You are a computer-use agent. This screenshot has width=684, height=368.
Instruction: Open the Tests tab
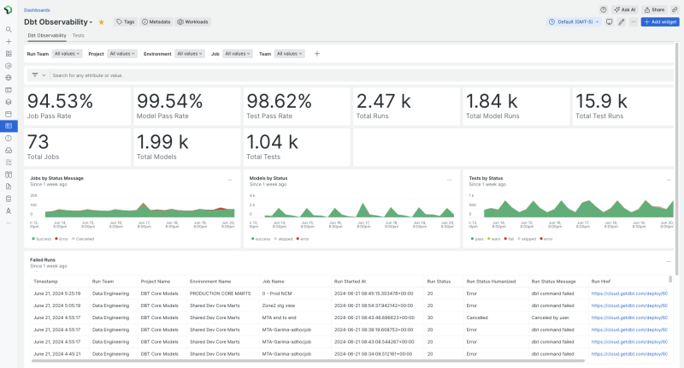pyautogui.click(x=78, y=36)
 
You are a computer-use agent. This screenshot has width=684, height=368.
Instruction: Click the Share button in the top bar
pyautogui.click(x=654, y=9)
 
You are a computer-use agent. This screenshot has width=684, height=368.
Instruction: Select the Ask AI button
pyautogui.click(x=623, y=9)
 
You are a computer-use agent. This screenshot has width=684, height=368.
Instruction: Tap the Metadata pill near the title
pyautogui.click(x=156, y=21)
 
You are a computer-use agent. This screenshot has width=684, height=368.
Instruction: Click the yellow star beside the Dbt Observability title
pyautogui.click(x=102, y=21)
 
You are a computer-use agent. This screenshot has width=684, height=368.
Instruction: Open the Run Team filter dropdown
pyautogui.click(x=68, y=53)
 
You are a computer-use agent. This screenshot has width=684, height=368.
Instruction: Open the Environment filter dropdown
pyautogui.click(x=190, y=53)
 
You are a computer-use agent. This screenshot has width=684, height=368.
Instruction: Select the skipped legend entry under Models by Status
pyautogui.click(x=284, y=239)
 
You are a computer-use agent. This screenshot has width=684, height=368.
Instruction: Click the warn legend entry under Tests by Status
pyautogui.click(x=492, y=239)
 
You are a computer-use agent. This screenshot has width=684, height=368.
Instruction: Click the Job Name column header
pyautogui.click(x=273, y=281)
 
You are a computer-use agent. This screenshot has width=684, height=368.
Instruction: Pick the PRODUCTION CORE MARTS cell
pyautogui.click(x=213, y=294)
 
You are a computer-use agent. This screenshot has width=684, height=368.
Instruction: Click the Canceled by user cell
pyautogui.click(x=554, y=318)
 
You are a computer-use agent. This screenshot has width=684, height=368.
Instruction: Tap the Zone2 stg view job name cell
pyautogui.click(x=281, y=306)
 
